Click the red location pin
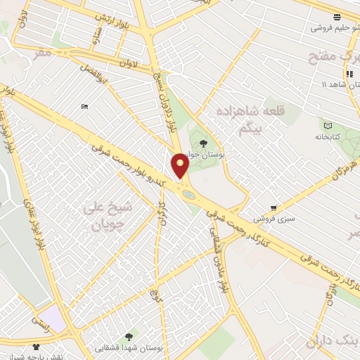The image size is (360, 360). [x=180, y=166]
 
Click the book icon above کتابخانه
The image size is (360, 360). [x=328, y=124]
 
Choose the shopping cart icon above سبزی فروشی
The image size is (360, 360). [x=274, y=208]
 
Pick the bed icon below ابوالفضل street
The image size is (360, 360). [x=85, y=106]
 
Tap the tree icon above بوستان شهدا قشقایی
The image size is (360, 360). [x=128, y=337]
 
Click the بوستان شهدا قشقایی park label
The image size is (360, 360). [x=137, y=348]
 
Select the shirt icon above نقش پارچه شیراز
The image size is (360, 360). [x=36, y=347]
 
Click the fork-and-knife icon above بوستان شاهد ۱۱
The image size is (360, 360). [x=349, y=73]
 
